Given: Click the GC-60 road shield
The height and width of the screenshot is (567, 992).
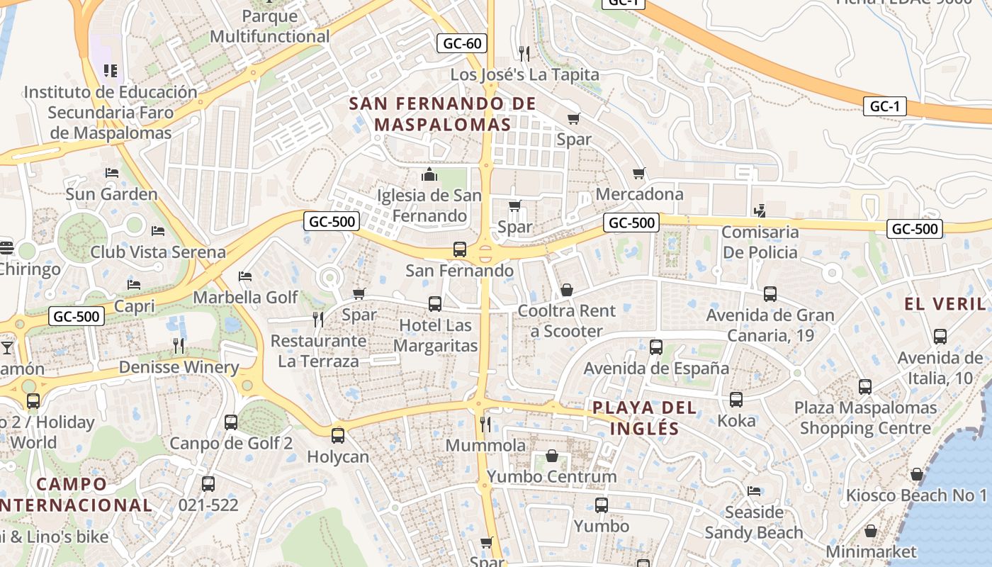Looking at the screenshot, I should tap(461, 43).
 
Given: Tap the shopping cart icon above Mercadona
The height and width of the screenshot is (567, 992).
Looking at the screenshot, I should tap(639, 173).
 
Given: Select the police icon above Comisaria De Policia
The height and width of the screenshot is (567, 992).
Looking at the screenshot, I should tap(760, 210).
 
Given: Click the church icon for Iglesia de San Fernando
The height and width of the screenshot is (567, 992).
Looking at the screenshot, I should tap(429, 174).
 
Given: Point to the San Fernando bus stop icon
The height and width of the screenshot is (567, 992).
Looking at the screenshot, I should tap(460, 249).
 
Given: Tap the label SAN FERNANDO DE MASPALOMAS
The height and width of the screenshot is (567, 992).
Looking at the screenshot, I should tap(443, 114).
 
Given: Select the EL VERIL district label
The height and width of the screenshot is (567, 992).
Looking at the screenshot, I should tap(945, 304).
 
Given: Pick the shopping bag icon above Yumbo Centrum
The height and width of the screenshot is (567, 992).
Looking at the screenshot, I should tap(552, 456).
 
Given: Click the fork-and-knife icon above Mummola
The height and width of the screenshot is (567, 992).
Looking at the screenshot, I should tap(485, 424).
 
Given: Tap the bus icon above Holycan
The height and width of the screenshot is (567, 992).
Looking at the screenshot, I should tap(338, 435).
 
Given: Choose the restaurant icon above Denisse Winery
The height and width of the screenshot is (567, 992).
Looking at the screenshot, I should tap(179, 346).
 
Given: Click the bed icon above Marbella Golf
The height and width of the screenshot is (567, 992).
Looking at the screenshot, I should tap(245, 276).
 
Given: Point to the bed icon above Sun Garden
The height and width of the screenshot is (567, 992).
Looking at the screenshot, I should tap(111, 172).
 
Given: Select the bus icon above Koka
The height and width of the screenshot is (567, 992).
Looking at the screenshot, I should tap(736, 400).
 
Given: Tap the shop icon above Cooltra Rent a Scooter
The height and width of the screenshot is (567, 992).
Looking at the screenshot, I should tap(566, 290).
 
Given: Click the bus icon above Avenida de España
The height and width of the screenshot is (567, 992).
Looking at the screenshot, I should tap(656, 347).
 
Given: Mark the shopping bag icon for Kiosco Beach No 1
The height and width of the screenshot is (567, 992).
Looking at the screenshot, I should tap(917, 474).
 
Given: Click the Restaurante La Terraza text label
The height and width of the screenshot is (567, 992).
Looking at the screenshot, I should tap(319, 351).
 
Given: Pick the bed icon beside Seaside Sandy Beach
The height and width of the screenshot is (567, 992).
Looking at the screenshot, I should tap(754, 490).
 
